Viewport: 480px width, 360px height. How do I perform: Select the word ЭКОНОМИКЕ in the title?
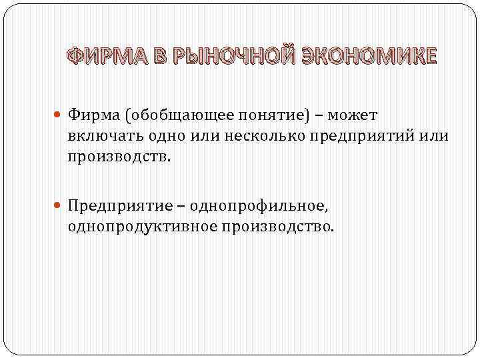373,57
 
